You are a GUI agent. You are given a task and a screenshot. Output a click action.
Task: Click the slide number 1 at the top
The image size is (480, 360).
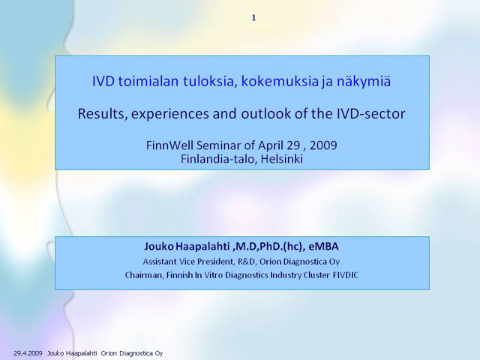click(253, 18)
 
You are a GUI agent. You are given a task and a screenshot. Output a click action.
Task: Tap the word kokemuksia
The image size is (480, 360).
click(280, 82)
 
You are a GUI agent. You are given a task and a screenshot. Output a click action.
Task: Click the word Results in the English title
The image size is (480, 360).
click(102, 114)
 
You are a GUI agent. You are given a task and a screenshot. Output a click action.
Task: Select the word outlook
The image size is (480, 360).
click(266, 113)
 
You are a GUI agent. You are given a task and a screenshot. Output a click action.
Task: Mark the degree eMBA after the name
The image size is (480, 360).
click(323, 247)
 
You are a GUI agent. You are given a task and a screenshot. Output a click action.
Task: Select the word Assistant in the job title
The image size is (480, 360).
click(160, 262)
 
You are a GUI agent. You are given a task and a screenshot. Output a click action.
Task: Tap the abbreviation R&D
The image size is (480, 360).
click(246, 262)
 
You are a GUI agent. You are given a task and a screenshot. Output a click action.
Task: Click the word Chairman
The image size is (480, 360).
click(144, 275)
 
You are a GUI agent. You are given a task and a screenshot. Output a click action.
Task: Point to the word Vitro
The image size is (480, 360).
click(213, 275)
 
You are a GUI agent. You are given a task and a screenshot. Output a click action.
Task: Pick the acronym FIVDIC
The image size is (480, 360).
click(345, 275)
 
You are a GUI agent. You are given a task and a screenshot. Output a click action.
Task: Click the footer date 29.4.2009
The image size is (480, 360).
click(28, 353)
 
